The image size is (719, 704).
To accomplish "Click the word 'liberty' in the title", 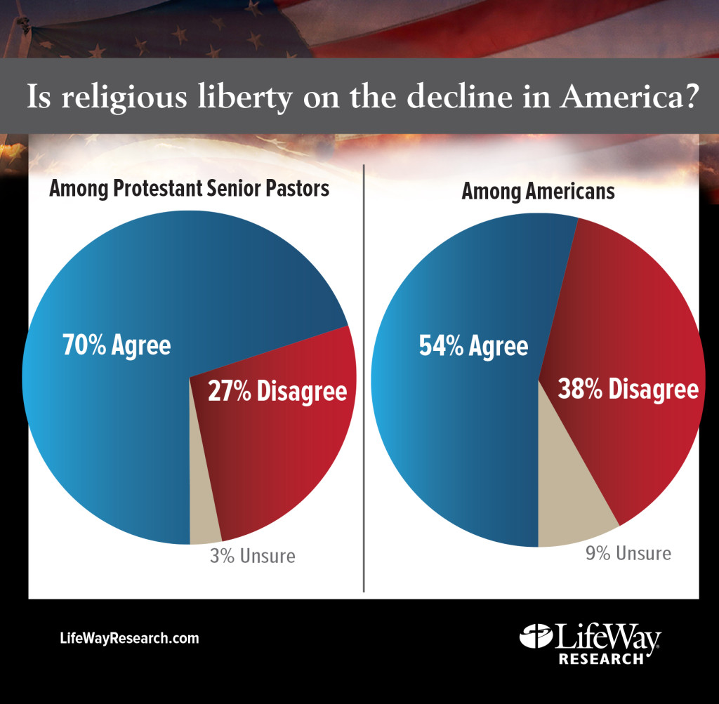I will click(237, 97).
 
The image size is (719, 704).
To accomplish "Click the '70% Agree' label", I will click(117, 346).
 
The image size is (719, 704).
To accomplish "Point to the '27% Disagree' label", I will click(277, 391).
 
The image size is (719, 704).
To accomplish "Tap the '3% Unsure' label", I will click(253, 557).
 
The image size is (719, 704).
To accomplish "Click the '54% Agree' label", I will click(473, 346).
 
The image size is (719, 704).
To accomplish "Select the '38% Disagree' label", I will click(628, 389).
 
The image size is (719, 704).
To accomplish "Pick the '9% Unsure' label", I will click(628, 553).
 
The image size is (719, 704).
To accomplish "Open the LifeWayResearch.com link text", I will click(129, 639).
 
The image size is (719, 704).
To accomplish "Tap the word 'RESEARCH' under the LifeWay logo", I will click(601, 659).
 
